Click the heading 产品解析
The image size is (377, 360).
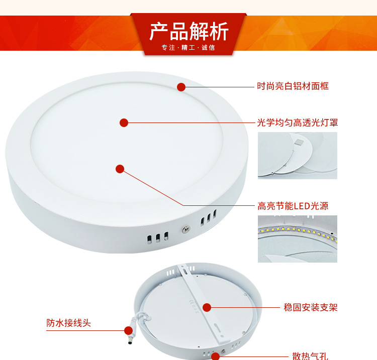[189, 32]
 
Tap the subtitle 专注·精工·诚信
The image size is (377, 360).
[188, 48]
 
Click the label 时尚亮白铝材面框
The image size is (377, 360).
[293, 86]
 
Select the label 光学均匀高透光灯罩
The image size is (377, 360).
[297, 122]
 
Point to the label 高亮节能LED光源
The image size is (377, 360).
[293, 206]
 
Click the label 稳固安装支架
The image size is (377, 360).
[310, 307]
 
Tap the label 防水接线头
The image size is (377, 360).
[69, 323]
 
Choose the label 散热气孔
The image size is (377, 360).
[310, 356]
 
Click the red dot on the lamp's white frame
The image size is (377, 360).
[181, 87]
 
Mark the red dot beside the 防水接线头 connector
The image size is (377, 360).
[128, 330]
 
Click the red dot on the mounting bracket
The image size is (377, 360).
[207, 307]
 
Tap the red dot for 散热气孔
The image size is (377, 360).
[215, 356]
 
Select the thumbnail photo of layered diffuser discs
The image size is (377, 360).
[298, 156]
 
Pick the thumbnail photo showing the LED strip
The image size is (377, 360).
[298, 239]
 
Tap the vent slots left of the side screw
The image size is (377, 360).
[157, 237]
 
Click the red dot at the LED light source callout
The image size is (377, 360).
[120, 169]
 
